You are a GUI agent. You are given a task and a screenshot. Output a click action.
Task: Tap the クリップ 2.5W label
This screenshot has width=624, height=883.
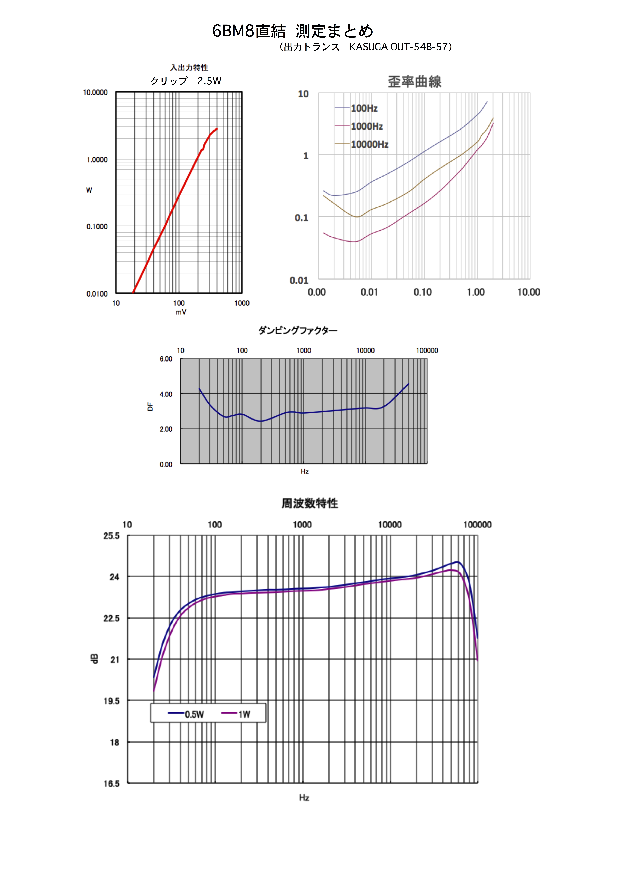click(186, 81)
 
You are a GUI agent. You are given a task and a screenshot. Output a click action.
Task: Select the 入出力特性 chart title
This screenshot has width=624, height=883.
click(189, 68)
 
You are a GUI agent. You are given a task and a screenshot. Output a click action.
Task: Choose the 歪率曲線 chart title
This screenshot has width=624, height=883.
click(414, 82)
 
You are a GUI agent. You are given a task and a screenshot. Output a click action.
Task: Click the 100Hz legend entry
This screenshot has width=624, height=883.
click(364, 108)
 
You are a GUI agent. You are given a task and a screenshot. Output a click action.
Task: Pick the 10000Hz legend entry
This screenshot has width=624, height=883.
click(369, 145)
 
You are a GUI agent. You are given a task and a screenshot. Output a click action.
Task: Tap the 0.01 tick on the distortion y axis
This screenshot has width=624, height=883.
click(299, 280)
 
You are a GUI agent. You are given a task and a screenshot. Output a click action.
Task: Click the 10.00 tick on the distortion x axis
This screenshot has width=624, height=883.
click(529, 292)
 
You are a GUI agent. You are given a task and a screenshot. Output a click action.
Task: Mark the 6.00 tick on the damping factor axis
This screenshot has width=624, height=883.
click(166, 359)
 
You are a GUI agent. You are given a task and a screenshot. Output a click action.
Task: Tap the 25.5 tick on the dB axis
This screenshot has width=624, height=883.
click(112, 536)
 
